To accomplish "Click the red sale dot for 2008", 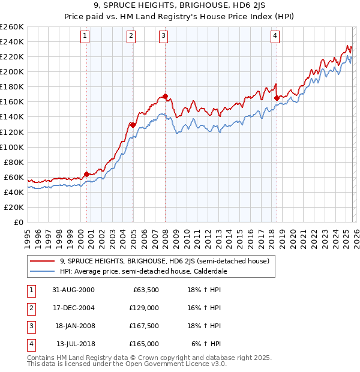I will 165,96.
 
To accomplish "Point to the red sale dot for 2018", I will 277,98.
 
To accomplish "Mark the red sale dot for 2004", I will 133,125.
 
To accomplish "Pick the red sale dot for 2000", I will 87,174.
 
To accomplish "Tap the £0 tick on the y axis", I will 19,222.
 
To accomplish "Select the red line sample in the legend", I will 42,261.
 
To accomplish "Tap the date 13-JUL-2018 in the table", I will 75,344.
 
